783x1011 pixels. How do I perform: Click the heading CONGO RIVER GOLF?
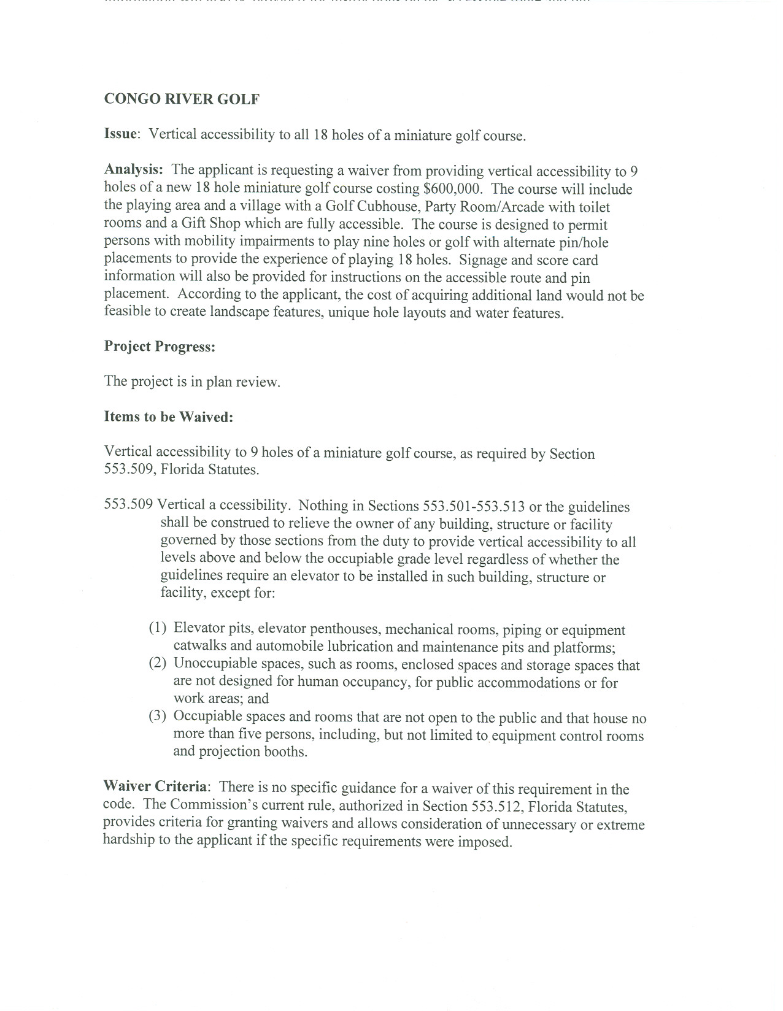[182, 99]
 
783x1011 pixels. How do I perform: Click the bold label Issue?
[120, 134]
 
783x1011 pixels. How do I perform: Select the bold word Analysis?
[133, 170]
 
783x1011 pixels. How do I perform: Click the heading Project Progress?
[160, 347]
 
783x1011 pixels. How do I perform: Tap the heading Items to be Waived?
[169, 417]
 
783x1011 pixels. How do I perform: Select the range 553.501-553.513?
[473, 507]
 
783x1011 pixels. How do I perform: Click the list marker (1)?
[158, 629]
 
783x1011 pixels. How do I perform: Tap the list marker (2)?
[158, 664]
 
